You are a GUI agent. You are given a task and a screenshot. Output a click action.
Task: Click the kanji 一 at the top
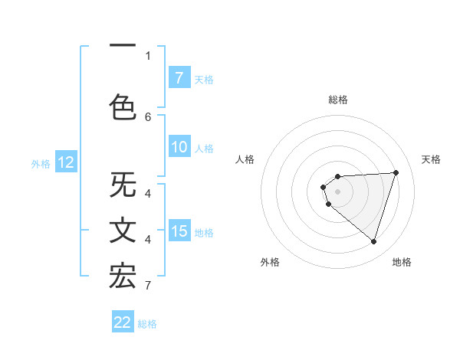[123, 47]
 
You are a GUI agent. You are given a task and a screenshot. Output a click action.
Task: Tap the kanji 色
[123, 106]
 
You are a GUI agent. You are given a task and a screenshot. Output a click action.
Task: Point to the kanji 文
[123, 231]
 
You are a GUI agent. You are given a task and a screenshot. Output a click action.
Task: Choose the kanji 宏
[123, 276]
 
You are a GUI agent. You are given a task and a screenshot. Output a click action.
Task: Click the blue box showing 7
[179, 77]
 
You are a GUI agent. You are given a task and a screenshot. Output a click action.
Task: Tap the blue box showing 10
[179, 147]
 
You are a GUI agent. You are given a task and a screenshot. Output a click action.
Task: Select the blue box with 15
[179, 231]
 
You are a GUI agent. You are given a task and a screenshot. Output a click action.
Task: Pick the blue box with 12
[66, 162]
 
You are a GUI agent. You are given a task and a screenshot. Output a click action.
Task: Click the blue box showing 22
[123, 322]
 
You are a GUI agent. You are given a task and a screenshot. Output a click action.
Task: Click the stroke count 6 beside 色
[148, 116]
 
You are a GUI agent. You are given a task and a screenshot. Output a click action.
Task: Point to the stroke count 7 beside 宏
[147, 286]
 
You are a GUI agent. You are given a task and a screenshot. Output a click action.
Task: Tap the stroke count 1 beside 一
[148, 55]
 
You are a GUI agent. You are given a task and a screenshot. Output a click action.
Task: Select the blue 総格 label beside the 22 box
[147, 323]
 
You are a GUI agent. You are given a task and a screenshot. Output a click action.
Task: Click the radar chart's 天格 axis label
[432, 159]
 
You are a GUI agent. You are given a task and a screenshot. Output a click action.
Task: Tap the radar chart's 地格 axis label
[402, 262]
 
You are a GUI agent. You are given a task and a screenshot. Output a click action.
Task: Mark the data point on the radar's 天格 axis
[396, 172]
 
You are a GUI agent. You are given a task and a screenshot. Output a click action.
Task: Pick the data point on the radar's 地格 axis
[373, 241]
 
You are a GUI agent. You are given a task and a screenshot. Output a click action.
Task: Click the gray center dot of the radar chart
[337, 191]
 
